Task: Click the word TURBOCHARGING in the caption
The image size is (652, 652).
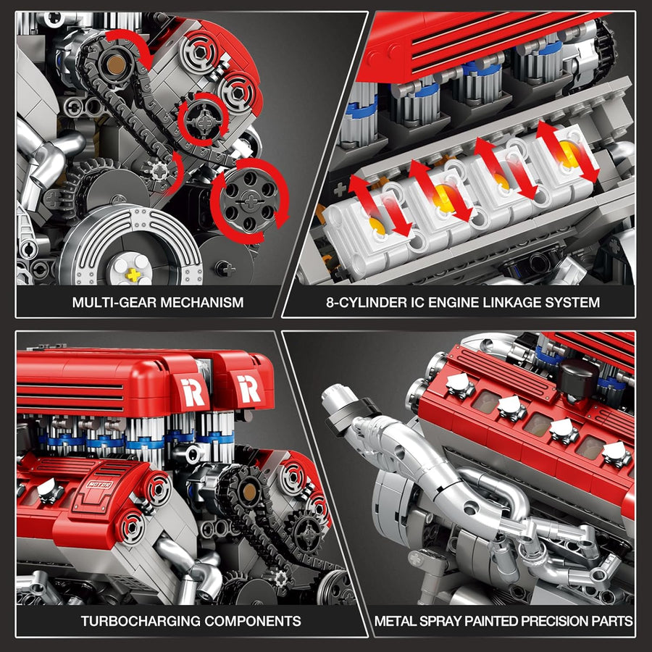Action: (x=139, y=621)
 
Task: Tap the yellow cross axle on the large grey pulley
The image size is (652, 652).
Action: (x=133, y=275)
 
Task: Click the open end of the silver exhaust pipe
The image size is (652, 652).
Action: (x=335, y=398)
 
